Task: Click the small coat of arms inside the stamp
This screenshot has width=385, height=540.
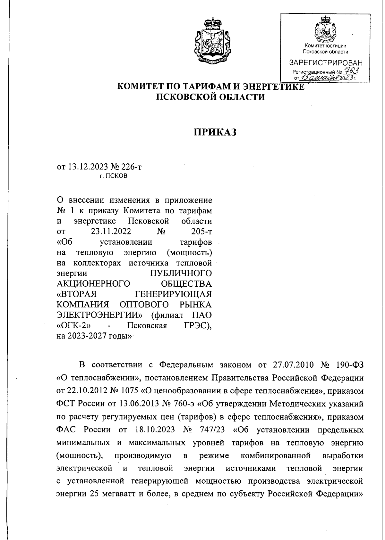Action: coord(326,30)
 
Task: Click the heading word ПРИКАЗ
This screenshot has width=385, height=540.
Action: coord(215,132)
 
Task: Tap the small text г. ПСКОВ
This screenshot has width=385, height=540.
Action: coord(113,176)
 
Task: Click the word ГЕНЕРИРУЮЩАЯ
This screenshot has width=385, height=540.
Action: coord(173,294)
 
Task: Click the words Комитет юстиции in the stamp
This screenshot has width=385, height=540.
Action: coord(325,46)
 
